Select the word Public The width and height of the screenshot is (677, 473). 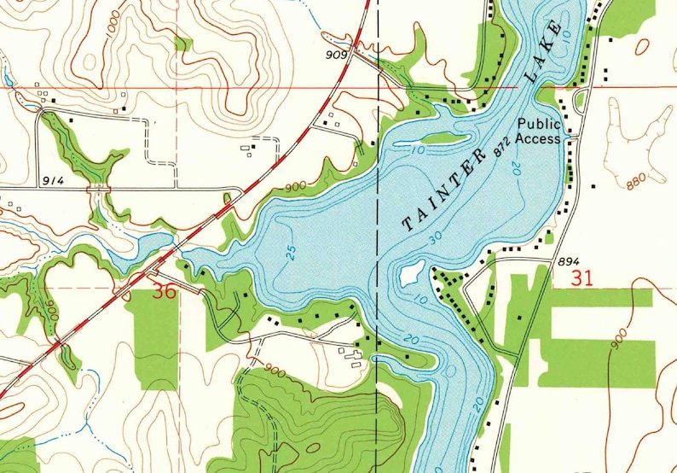pos(538,124)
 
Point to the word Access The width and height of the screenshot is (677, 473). pos(538,138)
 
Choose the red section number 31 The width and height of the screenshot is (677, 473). pos(583,277)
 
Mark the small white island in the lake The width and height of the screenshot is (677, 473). pos(409,273)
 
